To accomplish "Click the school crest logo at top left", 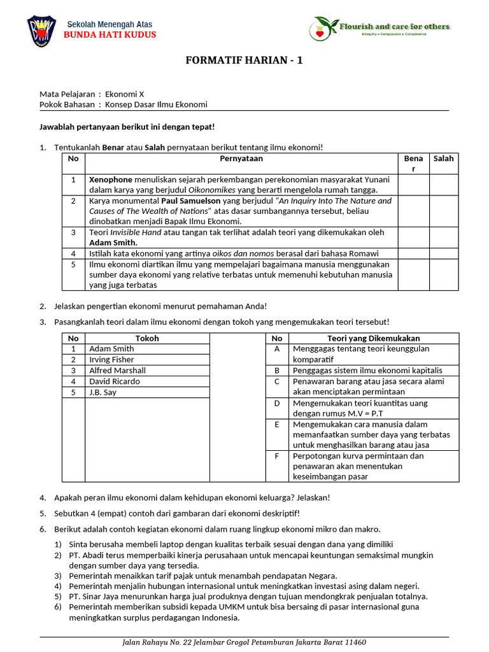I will pyautogui.click(x=41, y=31).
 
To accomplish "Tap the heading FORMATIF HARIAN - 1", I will pyautogui.click(x=244, y=60).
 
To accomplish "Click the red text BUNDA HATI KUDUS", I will pyautogui.click(x=110, y=34).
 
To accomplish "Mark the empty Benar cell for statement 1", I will pyautogui.click(x=413, y=184).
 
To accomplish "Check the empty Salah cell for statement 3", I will pyautogui.click(x=444, y=237).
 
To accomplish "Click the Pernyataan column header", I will pyautogui.click(x=241, y=159).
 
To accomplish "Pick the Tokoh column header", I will pyautogui.click(x=147, y=338).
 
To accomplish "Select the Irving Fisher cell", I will pyautogui.click(x=111, y=360).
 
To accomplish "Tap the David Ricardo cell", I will pyautogui.click(x=115, y=381).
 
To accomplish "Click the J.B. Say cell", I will pyautogui.click(x=103, y=392).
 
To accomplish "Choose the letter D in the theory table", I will pyautogui.click(x=277, y=403).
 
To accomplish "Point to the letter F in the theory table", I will pyautogui.click(x=277, y=456).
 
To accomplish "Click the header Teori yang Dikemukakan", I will pyautogui.click(x=373, y=338).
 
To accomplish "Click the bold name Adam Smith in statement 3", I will pyautogui.click(x=113, y=243).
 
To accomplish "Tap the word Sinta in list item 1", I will pyautogui.click(x=80, y=544).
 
